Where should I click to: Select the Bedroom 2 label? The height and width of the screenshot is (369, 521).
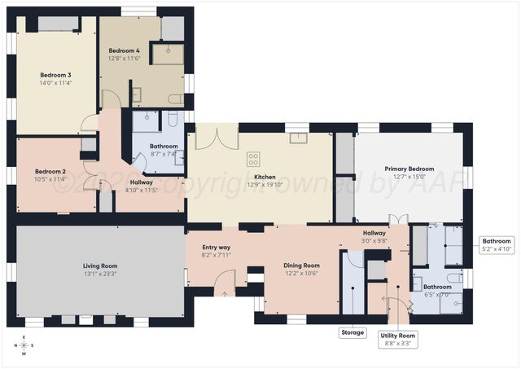[x=50, y=171]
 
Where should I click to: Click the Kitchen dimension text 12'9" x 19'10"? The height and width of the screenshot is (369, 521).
[x=264, y=185]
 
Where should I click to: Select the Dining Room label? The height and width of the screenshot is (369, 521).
[x=301, y=265]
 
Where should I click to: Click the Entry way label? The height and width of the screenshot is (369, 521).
[x=216, y=247]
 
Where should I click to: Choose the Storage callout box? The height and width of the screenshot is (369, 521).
[x=352, y=332]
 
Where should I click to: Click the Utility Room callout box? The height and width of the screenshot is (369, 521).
[x=398, y=339]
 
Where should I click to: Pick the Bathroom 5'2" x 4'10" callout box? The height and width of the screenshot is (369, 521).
[x=496, y=245]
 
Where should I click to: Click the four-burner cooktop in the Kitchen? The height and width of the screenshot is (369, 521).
[x=254, y=159]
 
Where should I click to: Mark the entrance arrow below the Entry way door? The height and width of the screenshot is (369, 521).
[x=225, y=294]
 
